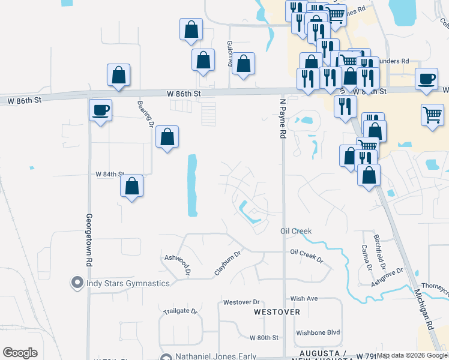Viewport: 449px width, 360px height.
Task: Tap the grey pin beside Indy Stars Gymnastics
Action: pyautogui.click(x=77, y=282)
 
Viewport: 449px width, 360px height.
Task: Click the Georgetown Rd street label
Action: pyautogui.click(x=89, y=240)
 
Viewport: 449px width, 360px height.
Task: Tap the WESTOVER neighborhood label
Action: pyautogui.click(x=277, y=313)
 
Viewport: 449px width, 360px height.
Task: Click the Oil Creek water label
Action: pyautogui.click(x=296, y=231)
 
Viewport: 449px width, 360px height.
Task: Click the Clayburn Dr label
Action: pyautogui.click(x=228, y=263)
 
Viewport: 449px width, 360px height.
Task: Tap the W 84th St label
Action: pyautogui.click(x=109, y=174)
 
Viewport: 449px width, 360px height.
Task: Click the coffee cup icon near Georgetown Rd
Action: pyautogui.click(x=100, y=110)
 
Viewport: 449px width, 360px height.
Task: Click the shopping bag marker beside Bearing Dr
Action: pyautogui.click(x=167, y=137)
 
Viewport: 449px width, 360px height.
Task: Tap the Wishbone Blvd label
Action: pyautogui.click(x=318, y=332)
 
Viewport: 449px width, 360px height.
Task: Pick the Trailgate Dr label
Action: pyautogui.click(x=180, y=311)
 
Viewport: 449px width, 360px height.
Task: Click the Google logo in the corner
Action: pyautogui.click(x=20, y=353)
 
